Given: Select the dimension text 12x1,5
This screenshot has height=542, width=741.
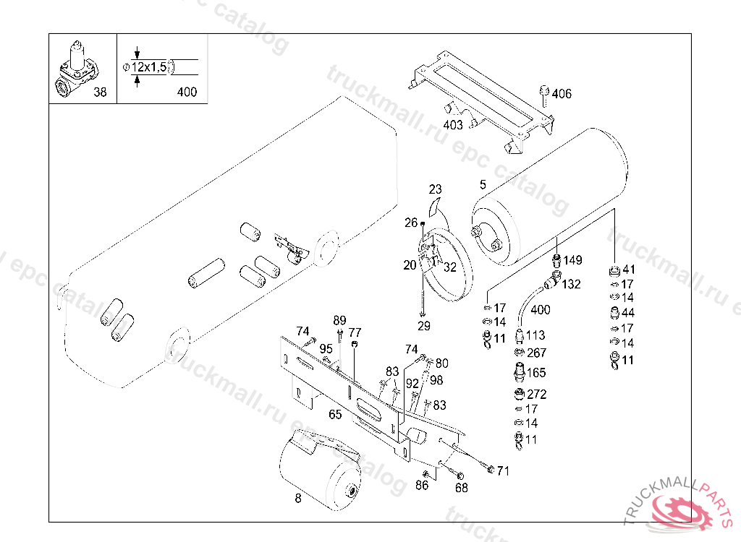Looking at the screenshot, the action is point(149,67).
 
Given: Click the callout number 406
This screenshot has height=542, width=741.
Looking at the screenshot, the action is point(562,93).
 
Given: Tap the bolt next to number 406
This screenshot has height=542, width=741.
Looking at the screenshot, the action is point(544,95).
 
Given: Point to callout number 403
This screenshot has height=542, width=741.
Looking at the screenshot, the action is point(453,124).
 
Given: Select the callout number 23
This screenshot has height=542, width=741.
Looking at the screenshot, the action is point(435,189).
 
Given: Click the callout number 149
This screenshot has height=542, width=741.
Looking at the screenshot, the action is point(573,260).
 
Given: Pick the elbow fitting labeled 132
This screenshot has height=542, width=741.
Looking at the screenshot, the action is point(552,280).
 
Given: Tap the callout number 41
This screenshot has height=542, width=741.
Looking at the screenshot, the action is point(629,270).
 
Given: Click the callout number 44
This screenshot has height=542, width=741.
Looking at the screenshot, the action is point(628,312).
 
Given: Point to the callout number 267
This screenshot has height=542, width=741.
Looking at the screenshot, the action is point(536,353).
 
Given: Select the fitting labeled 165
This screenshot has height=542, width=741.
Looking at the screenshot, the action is point(520,371).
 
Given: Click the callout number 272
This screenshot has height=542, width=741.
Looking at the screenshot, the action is point(536,394).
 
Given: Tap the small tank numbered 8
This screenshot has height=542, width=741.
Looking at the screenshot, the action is point(321,470).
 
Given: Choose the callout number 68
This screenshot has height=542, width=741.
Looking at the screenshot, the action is point(461,488).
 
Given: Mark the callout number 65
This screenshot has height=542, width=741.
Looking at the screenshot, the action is point(335,414).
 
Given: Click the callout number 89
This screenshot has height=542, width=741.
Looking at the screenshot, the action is point(339,321).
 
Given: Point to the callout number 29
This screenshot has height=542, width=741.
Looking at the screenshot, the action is point(424,326).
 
